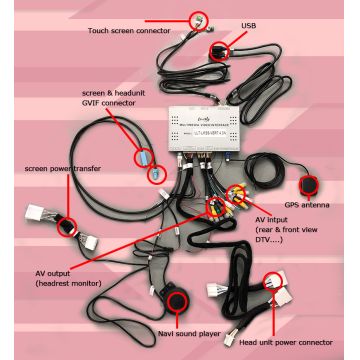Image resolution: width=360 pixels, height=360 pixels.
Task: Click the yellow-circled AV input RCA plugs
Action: [x=238, y=196]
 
